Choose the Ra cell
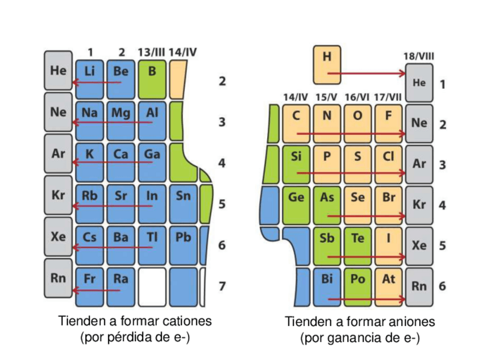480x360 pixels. tap(121, 283)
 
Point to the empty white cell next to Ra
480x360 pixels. tap(152, 286)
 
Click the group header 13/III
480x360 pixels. tap(151, 53)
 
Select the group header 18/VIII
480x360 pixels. tap(419, 57)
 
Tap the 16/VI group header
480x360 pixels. tap(357, 97)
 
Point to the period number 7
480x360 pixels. tap(222, 286)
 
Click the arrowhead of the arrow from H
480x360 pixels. tap(402, 73)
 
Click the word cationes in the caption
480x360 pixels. tap(186, 321)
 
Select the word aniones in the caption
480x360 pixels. tap(408, 322)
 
